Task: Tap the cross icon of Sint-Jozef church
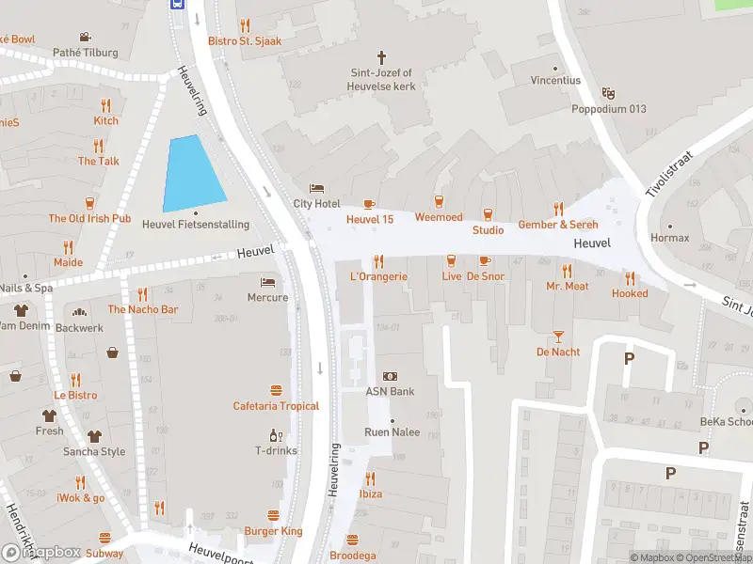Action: coord(382,57)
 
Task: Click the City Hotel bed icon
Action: coord(316,188)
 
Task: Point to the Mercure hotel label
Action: coord(267,298)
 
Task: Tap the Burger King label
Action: coord(273,531)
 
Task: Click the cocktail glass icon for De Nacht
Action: coord(558,336)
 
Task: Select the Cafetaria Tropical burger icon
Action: coord(276,390)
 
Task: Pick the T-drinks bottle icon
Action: coord(276,435)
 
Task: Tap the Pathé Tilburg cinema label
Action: coord(86,54)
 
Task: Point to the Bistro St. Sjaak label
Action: coord(245,41)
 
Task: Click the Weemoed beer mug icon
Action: coord(439,202)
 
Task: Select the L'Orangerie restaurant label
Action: coord(378,276)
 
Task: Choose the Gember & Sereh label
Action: coord(558,225)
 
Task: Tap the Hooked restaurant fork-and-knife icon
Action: coord(630,277)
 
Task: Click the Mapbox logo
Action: coord(41,552)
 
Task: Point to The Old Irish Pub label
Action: coord(89,218)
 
